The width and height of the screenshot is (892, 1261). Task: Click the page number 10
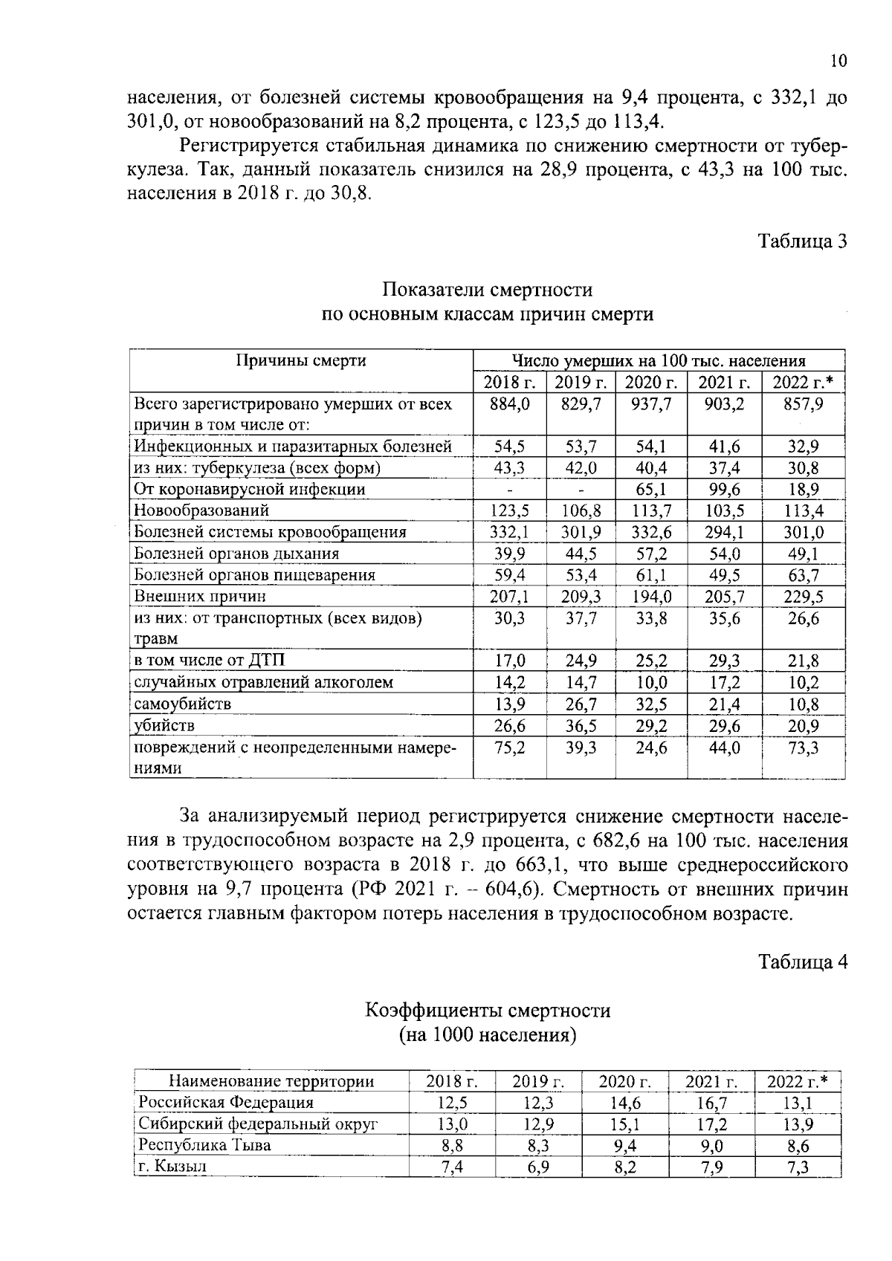point(838,61)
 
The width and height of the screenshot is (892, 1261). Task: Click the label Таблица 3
point(802,241)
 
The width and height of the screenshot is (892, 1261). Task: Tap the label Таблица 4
point(802,962)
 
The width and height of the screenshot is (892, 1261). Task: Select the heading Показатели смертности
point(488,289)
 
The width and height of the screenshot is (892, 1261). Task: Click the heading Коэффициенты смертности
point(488,1011)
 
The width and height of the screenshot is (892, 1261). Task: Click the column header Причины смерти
point(301,361)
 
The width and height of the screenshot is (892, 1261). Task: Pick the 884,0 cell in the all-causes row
point(510,404)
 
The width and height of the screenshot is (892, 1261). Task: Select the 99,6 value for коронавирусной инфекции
point(724,490)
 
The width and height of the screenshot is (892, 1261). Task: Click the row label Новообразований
point(201,510)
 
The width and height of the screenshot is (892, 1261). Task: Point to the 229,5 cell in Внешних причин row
point(803,597)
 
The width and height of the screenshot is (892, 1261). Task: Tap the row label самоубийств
point(183,704)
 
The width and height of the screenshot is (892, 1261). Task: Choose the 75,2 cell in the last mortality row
point(510,748)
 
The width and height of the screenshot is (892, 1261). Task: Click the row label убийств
point(165,725)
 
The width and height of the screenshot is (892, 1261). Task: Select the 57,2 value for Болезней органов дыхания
point(651,554)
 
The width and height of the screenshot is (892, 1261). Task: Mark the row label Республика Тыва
point(205,1145)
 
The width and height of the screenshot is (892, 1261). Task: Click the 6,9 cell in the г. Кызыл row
point(537,1167)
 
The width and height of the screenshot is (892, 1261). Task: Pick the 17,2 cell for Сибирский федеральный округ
point(711,1124)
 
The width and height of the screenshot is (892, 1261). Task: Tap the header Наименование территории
point(271,1081)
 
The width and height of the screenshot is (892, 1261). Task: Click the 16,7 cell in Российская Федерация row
point(711,1103)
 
